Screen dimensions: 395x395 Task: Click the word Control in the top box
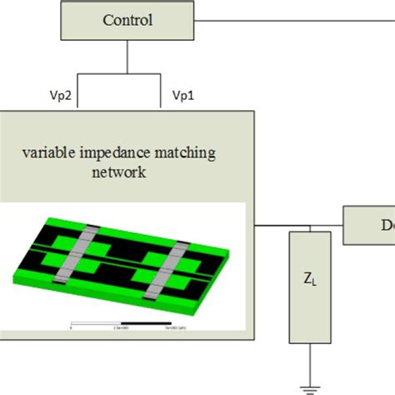pos(127,20)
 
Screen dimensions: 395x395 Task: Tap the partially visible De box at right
pos(376,226)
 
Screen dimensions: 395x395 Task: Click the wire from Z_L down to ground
pos(310,365)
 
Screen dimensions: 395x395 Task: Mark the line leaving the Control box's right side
pos(292,19)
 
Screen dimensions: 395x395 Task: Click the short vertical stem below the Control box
pos(127,54)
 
